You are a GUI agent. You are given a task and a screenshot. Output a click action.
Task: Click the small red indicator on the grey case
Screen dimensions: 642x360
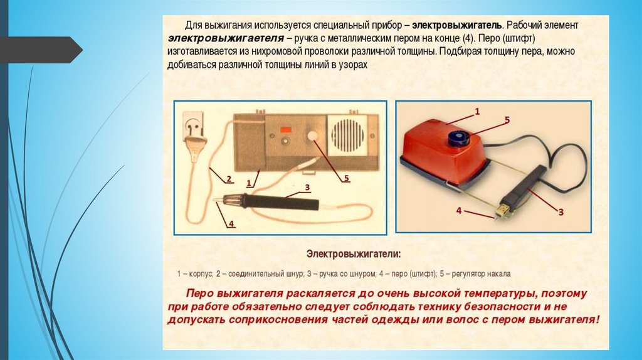285,130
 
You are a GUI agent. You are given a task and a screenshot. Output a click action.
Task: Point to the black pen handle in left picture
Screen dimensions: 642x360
283,202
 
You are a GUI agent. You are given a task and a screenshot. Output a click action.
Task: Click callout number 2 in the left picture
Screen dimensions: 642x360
229,179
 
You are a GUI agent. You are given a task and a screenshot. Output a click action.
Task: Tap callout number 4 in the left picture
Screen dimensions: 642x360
231,224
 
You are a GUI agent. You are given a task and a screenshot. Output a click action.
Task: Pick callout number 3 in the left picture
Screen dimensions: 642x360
307,188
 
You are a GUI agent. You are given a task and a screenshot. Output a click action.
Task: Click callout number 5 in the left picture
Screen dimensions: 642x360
346,178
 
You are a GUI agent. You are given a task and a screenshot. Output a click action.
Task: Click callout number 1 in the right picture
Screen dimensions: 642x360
477,111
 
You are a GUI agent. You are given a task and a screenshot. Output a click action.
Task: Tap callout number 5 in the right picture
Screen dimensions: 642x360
507,120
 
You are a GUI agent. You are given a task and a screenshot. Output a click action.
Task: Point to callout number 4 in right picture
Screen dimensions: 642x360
459,211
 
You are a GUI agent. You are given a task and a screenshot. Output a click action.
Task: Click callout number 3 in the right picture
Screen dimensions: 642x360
561,212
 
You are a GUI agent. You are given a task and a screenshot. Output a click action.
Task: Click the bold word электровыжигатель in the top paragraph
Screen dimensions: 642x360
456,25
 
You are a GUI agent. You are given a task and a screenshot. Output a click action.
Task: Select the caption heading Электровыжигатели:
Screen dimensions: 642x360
354,254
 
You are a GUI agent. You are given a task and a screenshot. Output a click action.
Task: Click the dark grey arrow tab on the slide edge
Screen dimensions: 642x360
41,50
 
